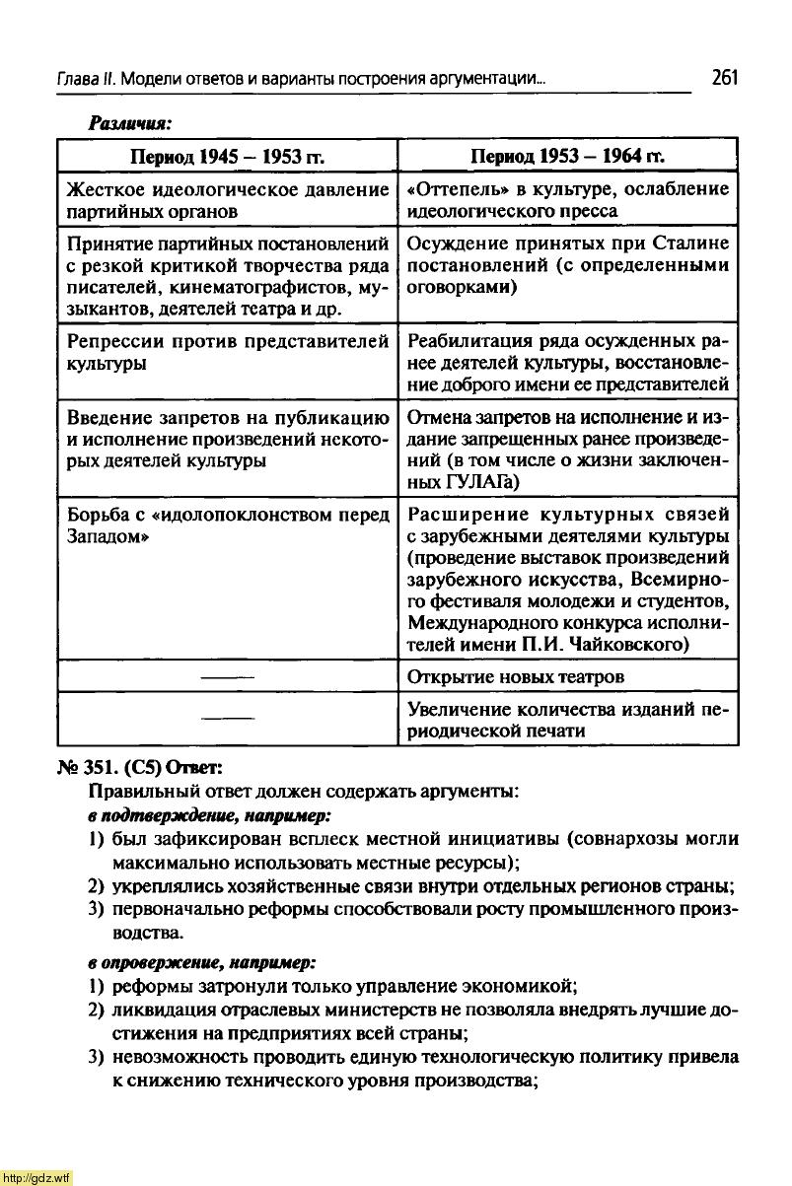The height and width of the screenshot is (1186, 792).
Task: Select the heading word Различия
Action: coord(130,123)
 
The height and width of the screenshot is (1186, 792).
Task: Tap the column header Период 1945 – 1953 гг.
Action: coord(229,157)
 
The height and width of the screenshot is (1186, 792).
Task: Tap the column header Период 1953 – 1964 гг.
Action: coord(567,157)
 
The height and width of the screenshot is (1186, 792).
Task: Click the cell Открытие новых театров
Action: coord(516,677)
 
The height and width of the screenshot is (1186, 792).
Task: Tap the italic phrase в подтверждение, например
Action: coord(209,815)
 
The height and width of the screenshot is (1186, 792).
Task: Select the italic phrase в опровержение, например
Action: coord(202,960)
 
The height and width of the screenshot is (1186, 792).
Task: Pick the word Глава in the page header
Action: coord(75,80)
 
